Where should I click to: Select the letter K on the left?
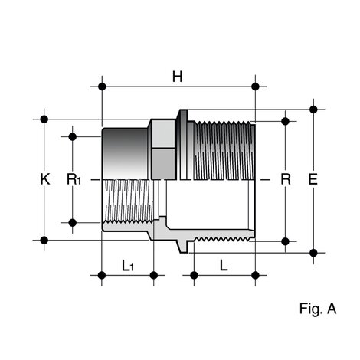45,179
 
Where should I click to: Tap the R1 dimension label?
74,179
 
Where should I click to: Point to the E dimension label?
313,179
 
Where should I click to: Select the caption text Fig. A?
318,309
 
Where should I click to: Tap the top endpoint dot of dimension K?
45,119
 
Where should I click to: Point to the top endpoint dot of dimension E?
313,108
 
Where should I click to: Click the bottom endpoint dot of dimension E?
313,251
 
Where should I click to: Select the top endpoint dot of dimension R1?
73,136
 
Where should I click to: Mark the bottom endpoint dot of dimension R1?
73,223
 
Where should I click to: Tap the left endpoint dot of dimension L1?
102,274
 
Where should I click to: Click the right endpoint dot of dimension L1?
154,274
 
